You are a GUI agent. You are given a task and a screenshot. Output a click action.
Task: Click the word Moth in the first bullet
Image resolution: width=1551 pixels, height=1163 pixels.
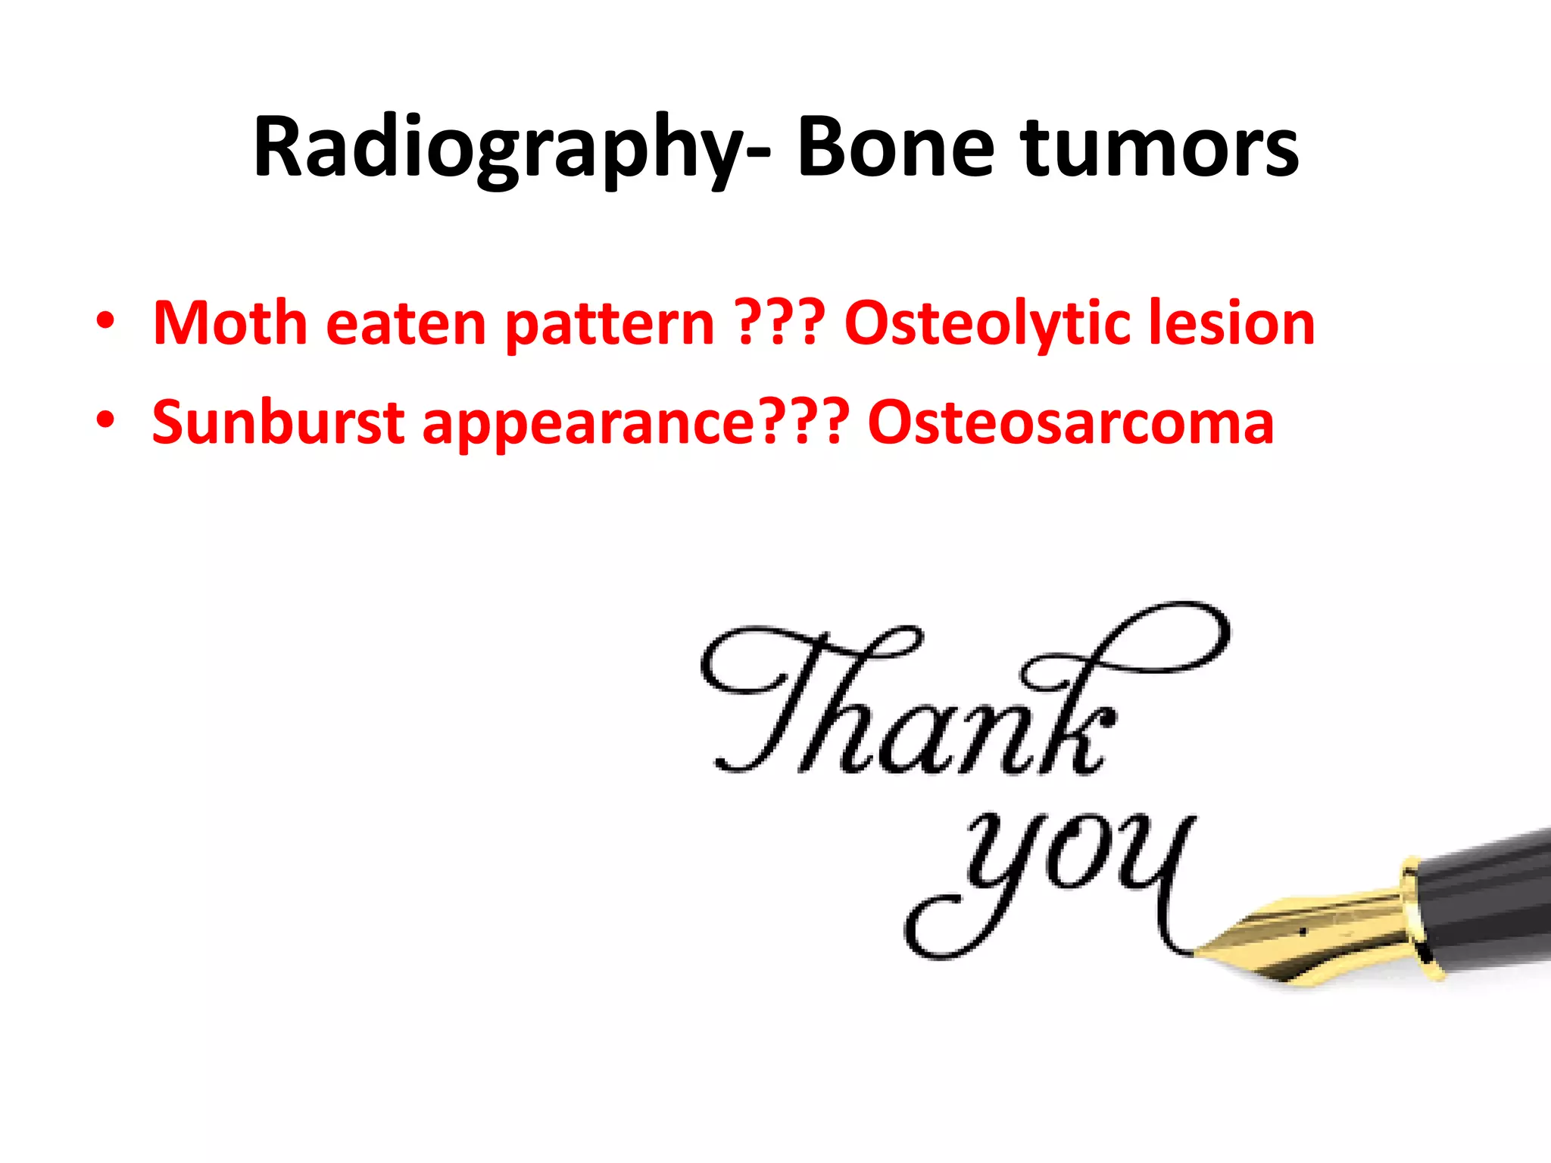tap(229, 323)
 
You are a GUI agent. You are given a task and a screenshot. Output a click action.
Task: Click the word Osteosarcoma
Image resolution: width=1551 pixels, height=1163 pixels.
tap(1071, 422)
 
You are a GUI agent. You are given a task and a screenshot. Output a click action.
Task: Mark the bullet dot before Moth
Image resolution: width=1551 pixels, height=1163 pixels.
tap(105, 321)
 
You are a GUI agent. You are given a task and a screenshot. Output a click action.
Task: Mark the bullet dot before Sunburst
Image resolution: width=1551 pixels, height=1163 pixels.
tap(105, 419)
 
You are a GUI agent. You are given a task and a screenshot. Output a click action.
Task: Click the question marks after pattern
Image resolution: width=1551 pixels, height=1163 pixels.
tap(779, 323)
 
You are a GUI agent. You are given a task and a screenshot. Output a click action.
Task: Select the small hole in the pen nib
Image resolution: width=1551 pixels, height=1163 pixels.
tap(1302, 931)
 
